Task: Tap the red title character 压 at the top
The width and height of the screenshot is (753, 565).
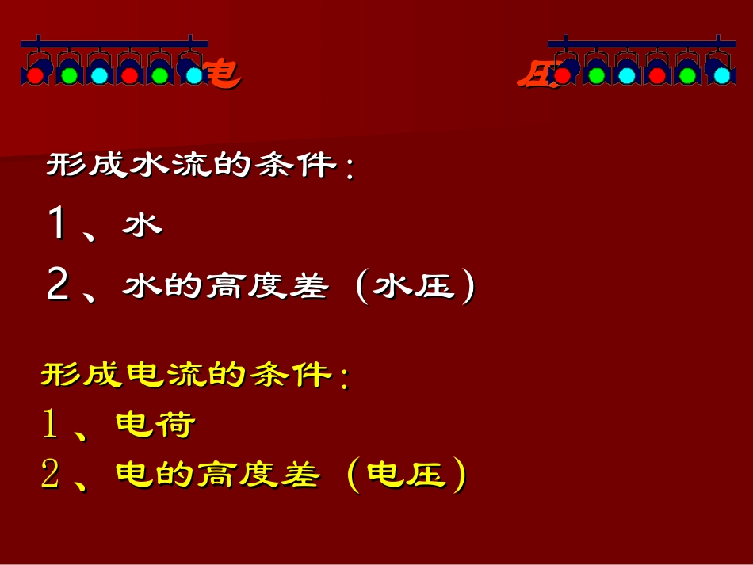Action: (x=533, y=74)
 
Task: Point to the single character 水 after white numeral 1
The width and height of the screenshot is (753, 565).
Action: (x=142, y=225)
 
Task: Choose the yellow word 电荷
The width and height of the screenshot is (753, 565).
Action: (x=155, y=426)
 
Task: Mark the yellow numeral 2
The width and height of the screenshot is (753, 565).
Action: (x=51, y=475)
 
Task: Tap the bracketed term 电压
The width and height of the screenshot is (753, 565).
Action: (x=406, y=475)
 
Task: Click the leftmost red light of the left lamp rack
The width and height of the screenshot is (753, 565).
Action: (x=35, y=75)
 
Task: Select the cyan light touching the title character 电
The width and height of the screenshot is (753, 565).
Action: (x=194, y=75)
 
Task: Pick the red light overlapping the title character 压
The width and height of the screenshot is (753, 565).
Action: (x=562, y=75)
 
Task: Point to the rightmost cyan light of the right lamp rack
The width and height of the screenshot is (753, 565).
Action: (x=721, y=75)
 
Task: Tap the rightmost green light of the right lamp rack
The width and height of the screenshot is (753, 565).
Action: (x=688, y=75)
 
